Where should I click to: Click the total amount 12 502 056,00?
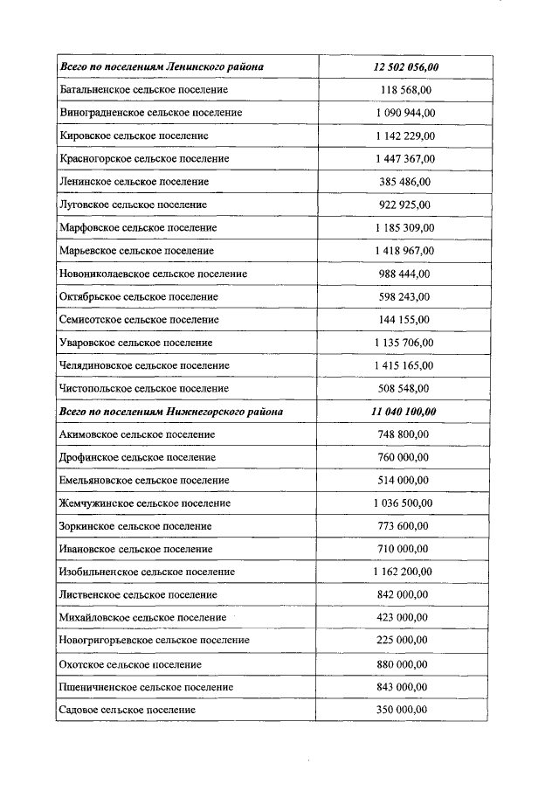tap(404, 67)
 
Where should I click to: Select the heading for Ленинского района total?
tap(162, 67)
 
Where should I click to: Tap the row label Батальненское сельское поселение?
tap(144, 90)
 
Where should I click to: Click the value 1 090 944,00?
tap(404, 113)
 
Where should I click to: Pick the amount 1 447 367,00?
tap(404, 159)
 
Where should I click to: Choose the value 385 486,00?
tap(404, 182)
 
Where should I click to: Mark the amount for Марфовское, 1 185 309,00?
tap(404, 228)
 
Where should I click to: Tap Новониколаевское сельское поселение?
tap(153, 274)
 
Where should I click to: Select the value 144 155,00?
tap(404, 320)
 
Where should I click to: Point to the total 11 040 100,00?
tap(404, 412)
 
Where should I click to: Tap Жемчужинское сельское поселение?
tap(145, 503)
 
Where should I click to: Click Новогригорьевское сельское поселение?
tap(155, 641)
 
